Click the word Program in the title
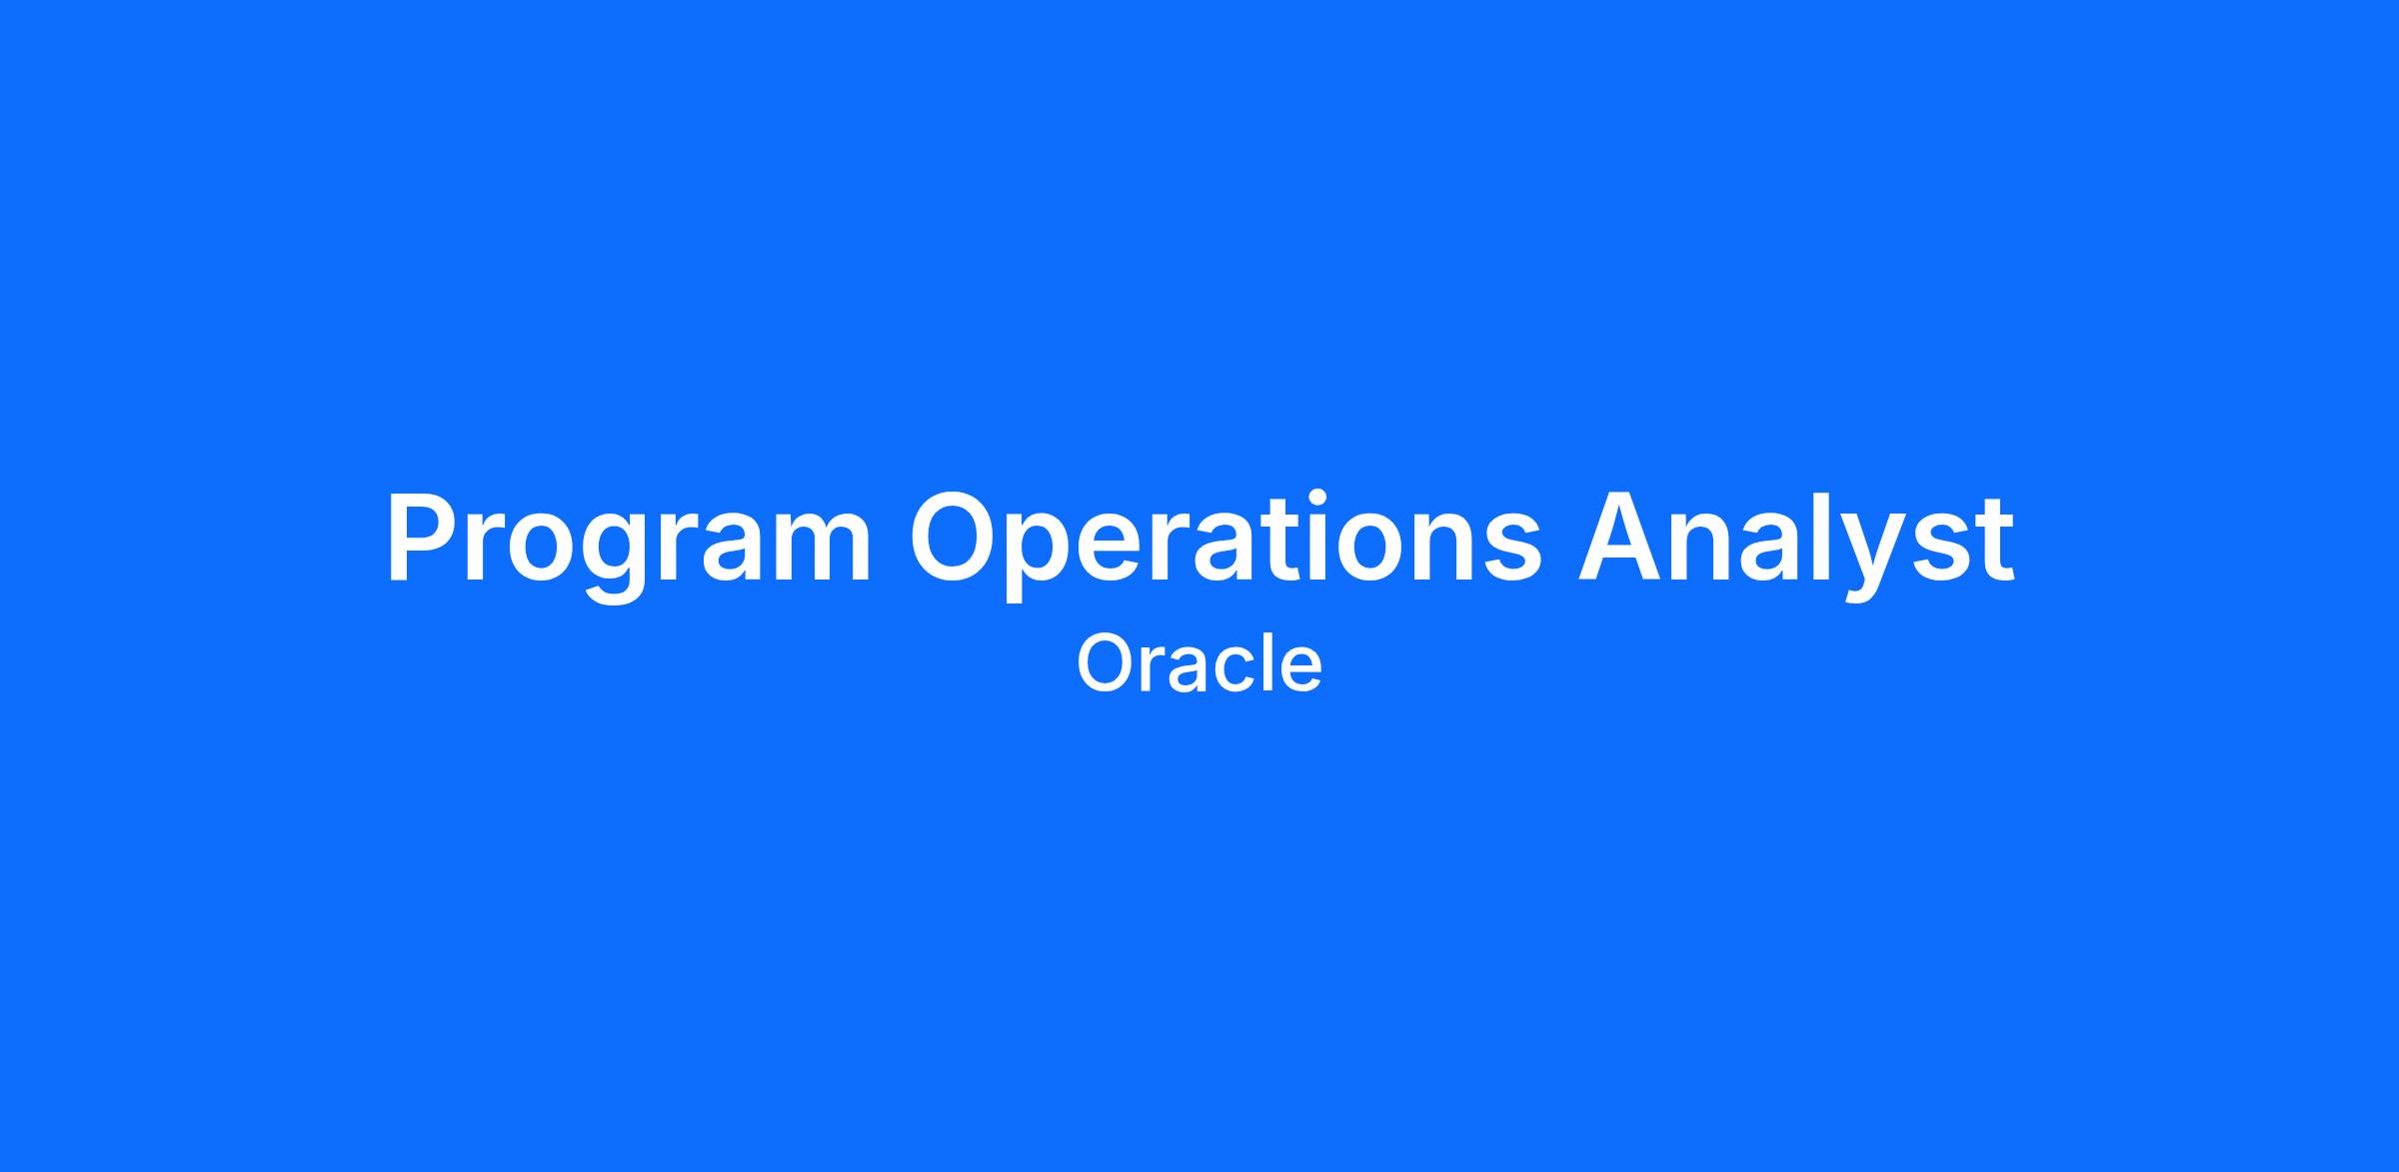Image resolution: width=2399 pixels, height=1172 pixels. click(629, 546)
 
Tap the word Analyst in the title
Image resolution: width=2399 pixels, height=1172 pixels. click(1796, 546)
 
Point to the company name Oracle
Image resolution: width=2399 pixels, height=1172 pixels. click(1199, 664)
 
